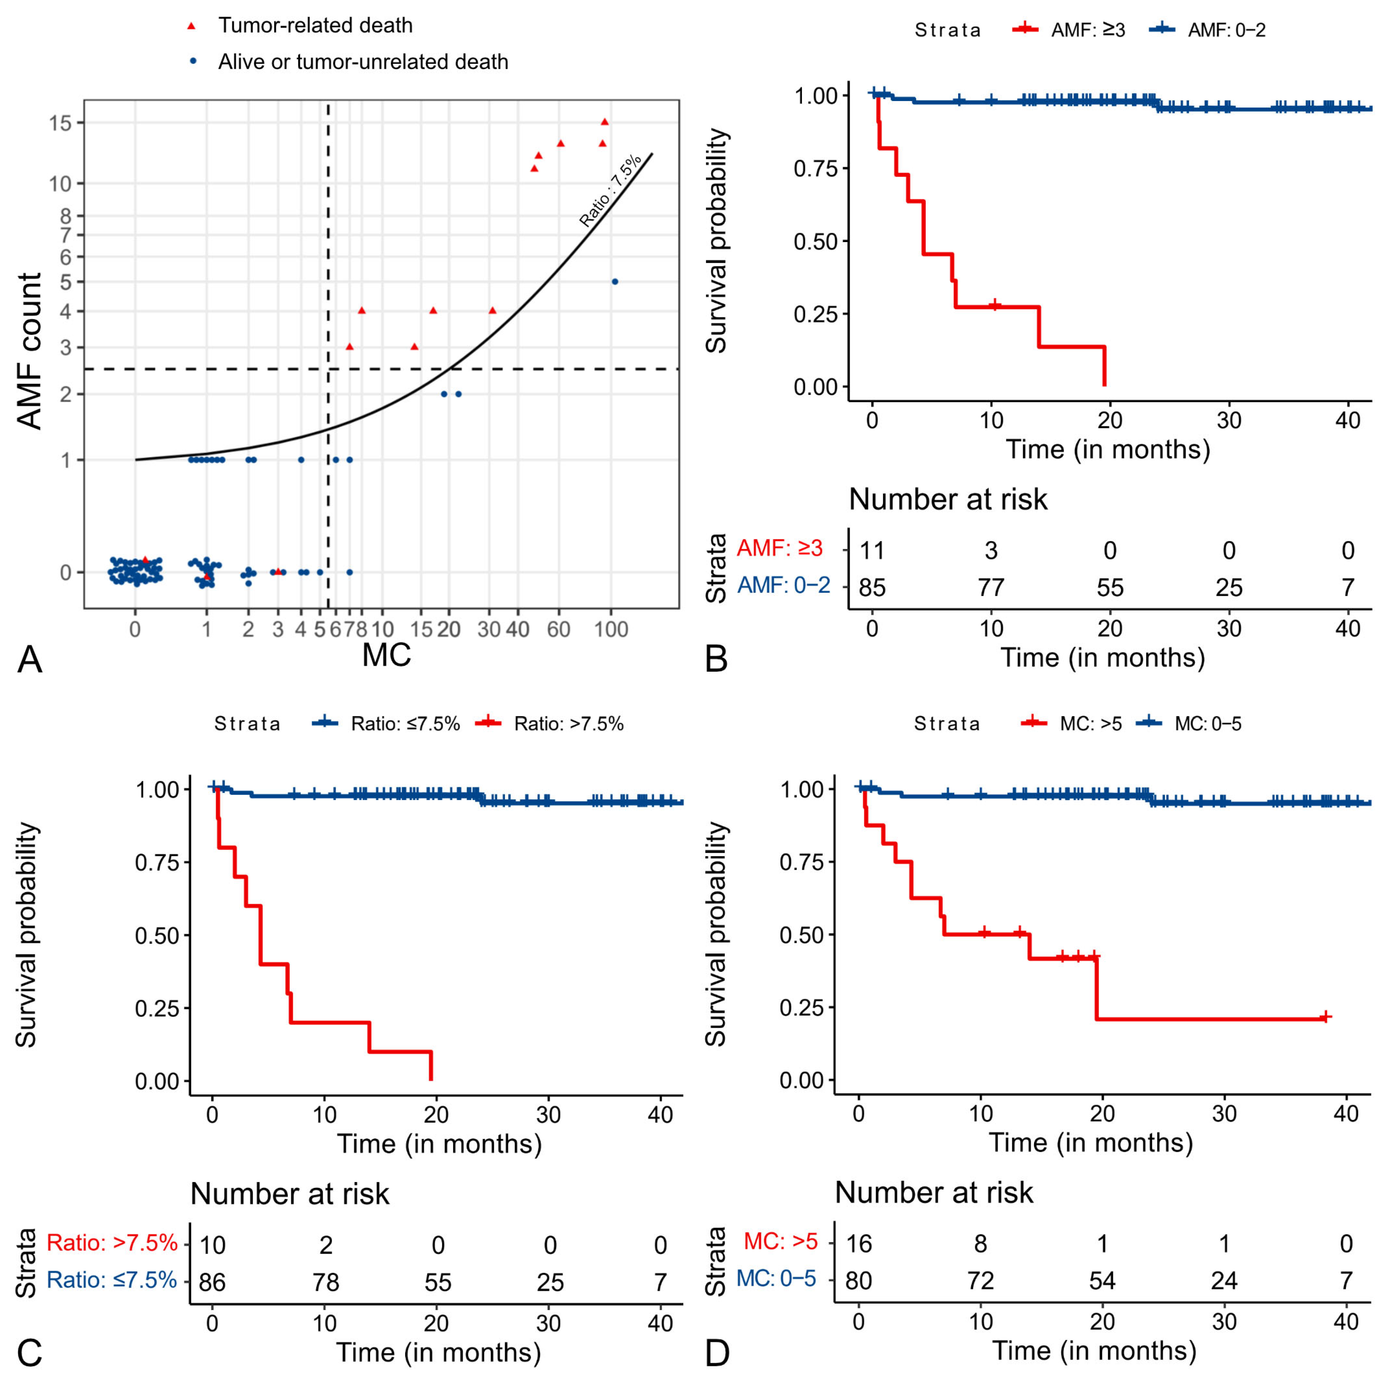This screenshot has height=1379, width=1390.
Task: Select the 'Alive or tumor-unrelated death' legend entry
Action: tap(363, 62)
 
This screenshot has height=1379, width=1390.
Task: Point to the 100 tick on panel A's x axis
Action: tap(611, 629)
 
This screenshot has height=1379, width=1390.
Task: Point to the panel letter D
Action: tap(717, 1353)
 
